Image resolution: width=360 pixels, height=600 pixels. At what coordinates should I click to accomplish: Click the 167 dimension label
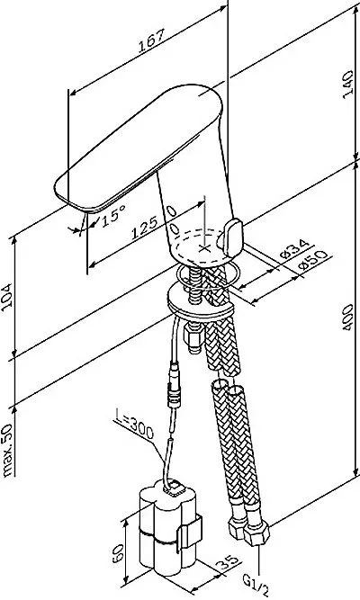[x=151, y=40]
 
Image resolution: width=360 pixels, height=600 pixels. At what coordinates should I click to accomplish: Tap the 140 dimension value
[x=347, y=85]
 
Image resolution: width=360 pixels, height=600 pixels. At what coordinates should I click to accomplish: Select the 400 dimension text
[x=347, y=318]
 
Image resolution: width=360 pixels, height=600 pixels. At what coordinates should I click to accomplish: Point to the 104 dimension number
[x=6, y=295]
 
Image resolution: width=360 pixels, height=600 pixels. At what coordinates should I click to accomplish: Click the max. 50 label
[x=7, y=451]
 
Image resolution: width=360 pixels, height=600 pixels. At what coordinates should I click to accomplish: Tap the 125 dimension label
[x=144, y=228]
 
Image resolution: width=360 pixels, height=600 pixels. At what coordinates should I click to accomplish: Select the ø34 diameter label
[x=294, y=248]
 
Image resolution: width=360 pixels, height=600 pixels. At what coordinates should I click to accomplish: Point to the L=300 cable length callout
[x=134, y=425]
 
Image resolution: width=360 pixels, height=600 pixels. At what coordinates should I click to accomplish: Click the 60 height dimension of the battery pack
[x=118, y=553]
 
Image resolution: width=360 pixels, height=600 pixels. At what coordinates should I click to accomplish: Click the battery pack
[x=168, y=531]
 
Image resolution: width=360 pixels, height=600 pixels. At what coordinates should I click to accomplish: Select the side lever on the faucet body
[x=231, y=237]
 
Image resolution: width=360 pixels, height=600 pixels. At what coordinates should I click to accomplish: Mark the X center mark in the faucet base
[x=205, y=248]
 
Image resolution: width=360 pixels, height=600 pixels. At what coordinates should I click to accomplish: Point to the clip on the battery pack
[x=190, y=533]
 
